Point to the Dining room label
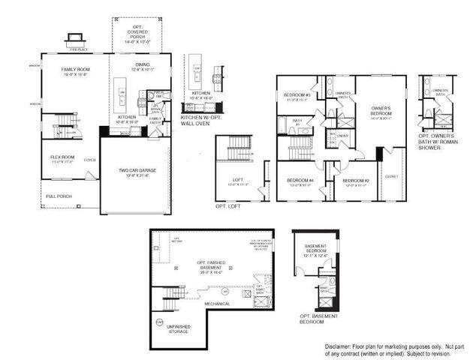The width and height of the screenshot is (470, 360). pos(142,67)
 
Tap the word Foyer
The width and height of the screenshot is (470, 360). pos(90,159)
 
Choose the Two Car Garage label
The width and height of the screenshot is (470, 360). pos(137,172)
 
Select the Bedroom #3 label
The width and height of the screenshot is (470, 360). pos(297,95)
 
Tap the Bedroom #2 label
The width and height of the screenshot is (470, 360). pos(356,181)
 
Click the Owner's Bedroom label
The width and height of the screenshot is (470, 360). pos(382,112)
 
